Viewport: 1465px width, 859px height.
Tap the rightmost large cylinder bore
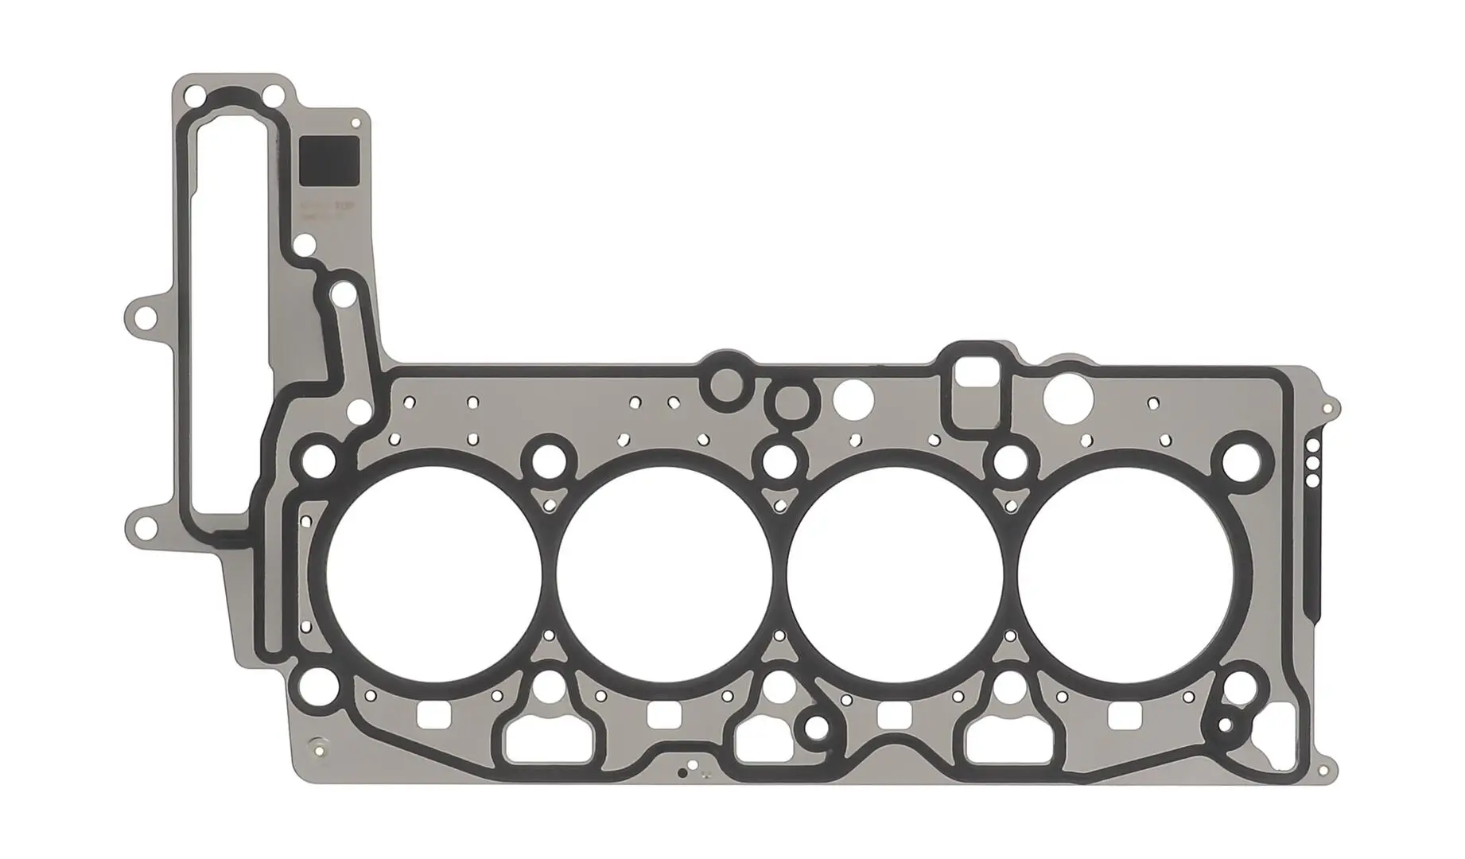(x=1128, y=573)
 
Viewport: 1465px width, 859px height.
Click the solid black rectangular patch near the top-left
(x=328, y=161)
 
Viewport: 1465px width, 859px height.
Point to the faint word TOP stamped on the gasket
(x=343, y=206)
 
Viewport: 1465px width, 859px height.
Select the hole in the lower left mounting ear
(x=145, y=527)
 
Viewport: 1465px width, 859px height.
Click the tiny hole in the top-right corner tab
(x=1326, y=409)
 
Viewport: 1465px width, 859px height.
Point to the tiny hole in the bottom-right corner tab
(x=1323, y=770)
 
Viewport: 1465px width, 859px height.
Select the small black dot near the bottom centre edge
(x=682, y=772)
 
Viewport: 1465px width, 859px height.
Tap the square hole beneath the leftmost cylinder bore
(x=433, y=716)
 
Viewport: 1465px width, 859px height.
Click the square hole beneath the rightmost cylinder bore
(x=1125, y=716)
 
